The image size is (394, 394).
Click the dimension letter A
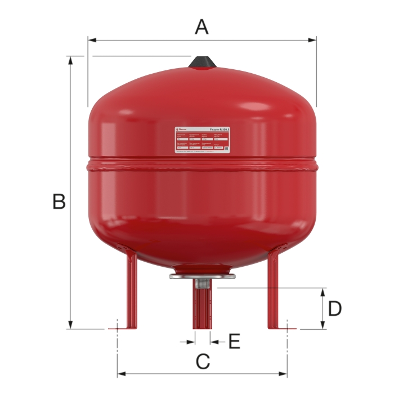pos(202,26)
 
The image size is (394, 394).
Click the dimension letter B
pos(59,201)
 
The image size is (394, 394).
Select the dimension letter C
pos(202,361)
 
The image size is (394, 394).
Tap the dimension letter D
pos(335,308)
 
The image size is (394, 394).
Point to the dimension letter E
pos(234,341)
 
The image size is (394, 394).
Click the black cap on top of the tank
pos(202,62)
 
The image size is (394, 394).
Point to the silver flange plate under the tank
pos(202,277)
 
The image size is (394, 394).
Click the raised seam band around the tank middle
pos(202,164)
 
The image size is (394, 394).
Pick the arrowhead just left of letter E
pos(191,341)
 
